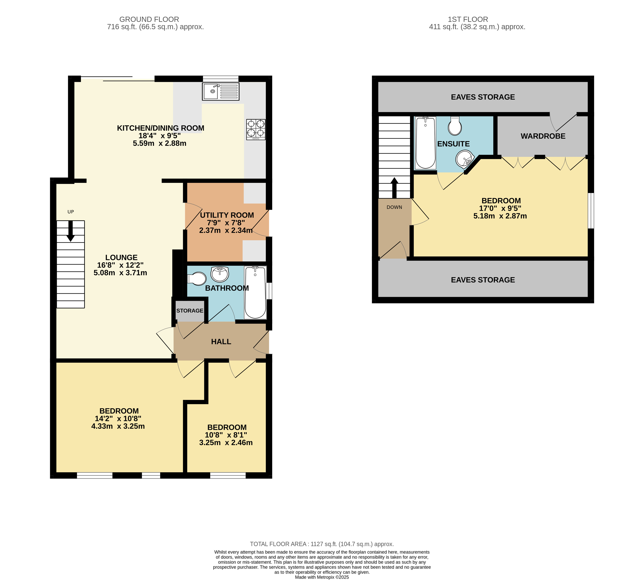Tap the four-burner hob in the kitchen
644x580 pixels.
(256, 130)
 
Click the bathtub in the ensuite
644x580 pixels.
(425, 143)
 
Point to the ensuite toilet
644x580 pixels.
(455, 126)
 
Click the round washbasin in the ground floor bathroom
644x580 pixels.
(220, 274)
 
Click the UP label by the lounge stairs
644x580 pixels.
(71, 212)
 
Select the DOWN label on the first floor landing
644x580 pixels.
(394, 207)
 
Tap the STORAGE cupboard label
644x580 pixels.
(190, 311)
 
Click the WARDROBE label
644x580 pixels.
(543, 136)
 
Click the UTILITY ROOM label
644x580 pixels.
(227, 215)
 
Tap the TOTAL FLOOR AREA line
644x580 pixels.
(322, 544)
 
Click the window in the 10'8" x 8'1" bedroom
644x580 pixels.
(228, 476)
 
